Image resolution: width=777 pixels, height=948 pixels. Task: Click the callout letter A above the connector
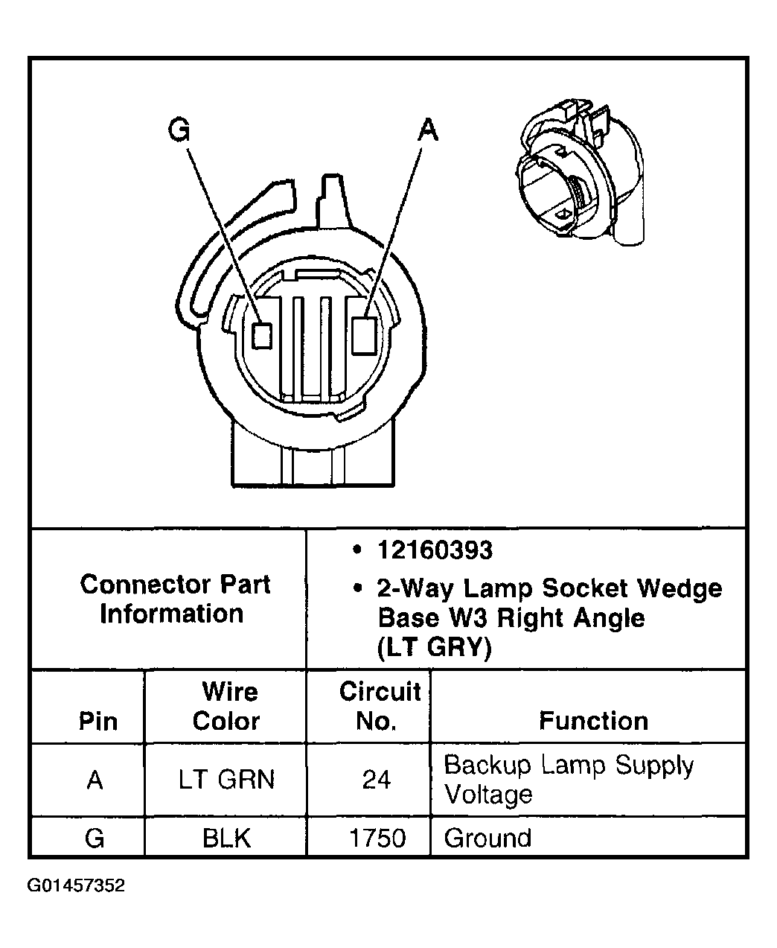pyautogui.click(x=427, y=130)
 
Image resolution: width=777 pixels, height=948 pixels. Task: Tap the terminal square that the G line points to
pyautogui.click(x=261, y=335)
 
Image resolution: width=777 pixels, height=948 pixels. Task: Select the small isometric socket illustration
pyautogui.click(x=581, y=178)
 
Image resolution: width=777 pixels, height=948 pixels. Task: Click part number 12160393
pyautogui.click(x=435, y=550)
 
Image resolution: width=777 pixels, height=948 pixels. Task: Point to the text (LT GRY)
pyautogui.click(x=435, y=648)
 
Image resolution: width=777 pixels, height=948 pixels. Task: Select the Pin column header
pyautogui.click(x=97, y=721)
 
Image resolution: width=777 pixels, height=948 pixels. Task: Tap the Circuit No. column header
pyautogui.click(x=380, y=706)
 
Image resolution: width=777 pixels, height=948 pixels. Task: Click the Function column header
pyautogui.click(x=593, y=721)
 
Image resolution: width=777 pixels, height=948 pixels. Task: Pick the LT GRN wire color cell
pyautogui.click(x=227, y=780)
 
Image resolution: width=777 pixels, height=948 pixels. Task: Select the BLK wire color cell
pyautogui.click(x=226, y=839)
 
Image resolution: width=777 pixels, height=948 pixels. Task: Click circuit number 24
pyautogui.click(x=377, y=780)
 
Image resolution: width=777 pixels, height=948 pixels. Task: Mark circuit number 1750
pyautogui.click(x=377, y=839)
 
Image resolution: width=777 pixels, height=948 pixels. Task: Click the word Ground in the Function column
pyautogui.click(x=487, y=839)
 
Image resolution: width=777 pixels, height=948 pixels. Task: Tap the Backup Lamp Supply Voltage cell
pyautogui.click(x=569, y=780)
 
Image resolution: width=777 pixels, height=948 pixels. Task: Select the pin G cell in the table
pyautogui.click(x=95, y=839)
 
